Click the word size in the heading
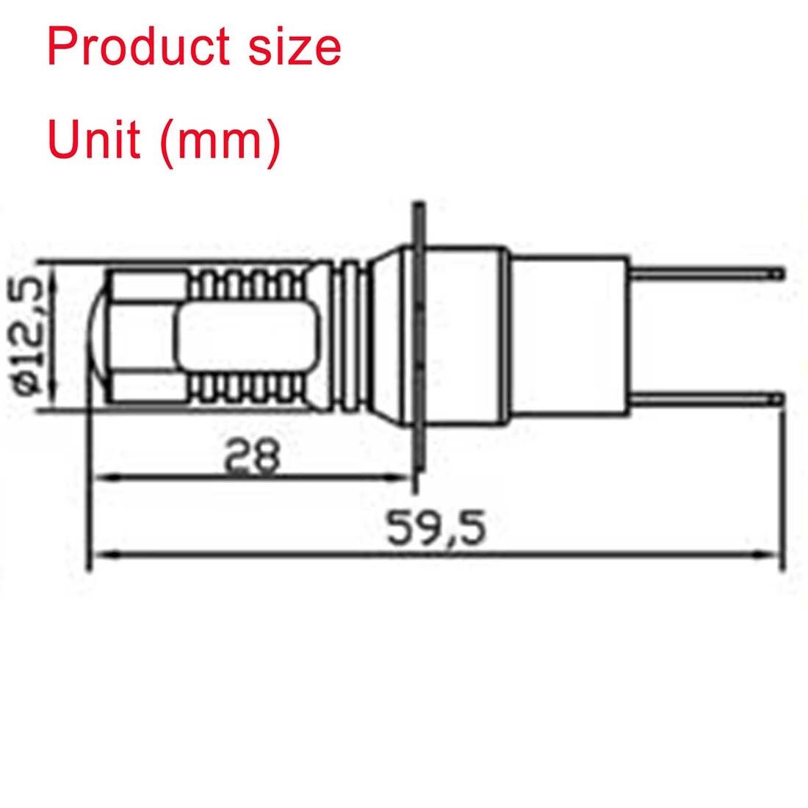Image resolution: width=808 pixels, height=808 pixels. click(295, 47)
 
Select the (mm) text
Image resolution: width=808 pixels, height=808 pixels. click(220, 143)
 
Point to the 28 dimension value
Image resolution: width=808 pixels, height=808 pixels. click(253, 454)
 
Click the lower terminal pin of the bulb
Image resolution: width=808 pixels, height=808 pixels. click(706, 397)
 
